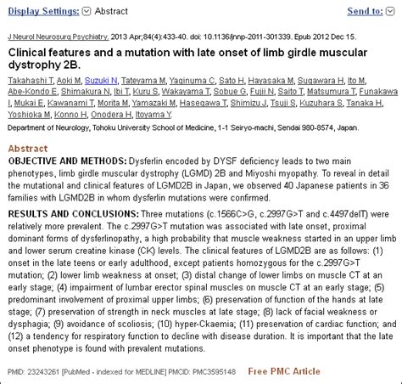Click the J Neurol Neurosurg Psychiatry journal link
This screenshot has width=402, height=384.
56,37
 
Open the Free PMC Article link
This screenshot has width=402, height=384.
284,371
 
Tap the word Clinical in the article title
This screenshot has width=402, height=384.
31,52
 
